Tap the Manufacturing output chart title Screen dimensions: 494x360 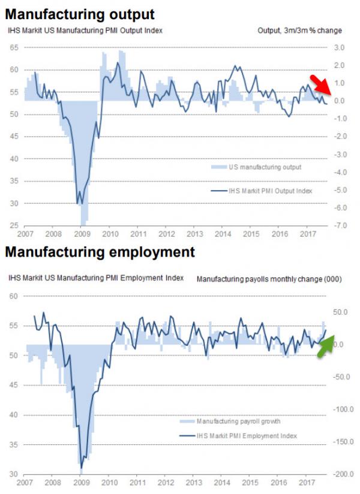coord(80,13)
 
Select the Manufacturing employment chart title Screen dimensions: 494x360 coord(100,252)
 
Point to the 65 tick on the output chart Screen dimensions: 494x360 coord(13,47)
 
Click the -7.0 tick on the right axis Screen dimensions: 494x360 coord(341,225)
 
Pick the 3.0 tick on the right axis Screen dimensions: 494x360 coord(340,47)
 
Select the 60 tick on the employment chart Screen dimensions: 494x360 coord(13,296)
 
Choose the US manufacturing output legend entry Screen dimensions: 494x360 coord(264,167)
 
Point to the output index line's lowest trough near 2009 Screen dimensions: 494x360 coord(77,204)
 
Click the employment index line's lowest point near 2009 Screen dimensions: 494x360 coord(81,468)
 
